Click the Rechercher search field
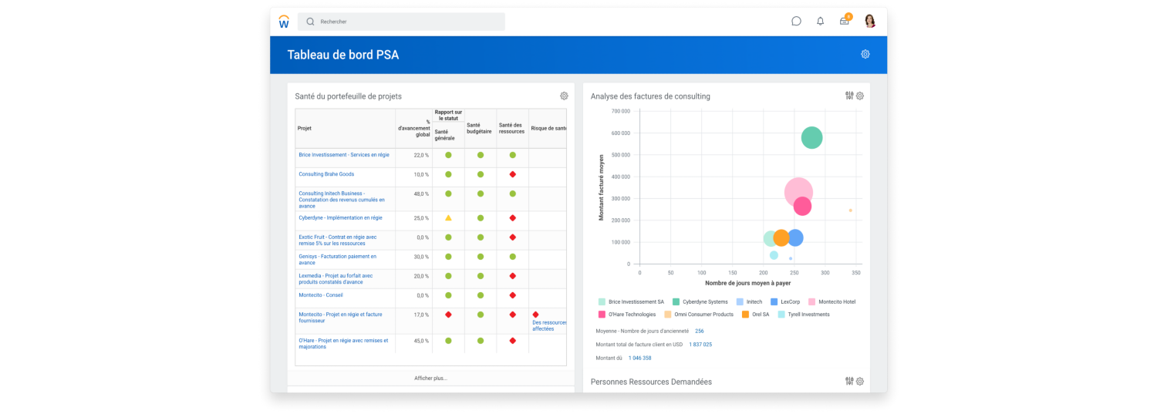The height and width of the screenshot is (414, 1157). pos(401,22)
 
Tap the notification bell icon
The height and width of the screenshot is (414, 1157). pos(820,22)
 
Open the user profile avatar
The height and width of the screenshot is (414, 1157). pos(870,22)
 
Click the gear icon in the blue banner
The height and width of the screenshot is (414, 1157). pos(865,54)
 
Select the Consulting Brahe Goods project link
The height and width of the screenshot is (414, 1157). pos(326,174)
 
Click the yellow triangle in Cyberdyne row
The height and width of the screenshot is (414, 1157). pos(448,218)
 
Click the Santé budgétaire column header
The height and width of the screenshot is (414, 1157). pos(480,129)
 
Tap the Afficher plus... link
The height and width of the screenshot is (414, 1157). pos(430,378)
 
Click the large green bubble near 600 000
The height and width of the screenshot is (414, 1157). pos(811,138)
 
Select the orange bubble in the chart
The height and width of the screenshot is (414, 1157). pos(781,238)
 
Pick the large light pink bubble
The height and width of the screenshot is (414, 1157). pos(798,193)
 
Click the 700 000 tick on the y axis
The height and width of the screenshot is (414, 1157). pos(620,111)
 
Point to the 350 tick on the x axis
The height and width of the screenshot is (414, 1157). pos(856,273)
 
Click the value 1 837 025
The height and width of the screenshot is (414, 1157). pos(700,345)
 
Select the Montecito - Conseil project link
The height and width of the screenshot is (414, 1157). pos(321,295)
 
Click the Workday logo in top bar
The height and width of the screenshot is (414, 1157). pos(284,22)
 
